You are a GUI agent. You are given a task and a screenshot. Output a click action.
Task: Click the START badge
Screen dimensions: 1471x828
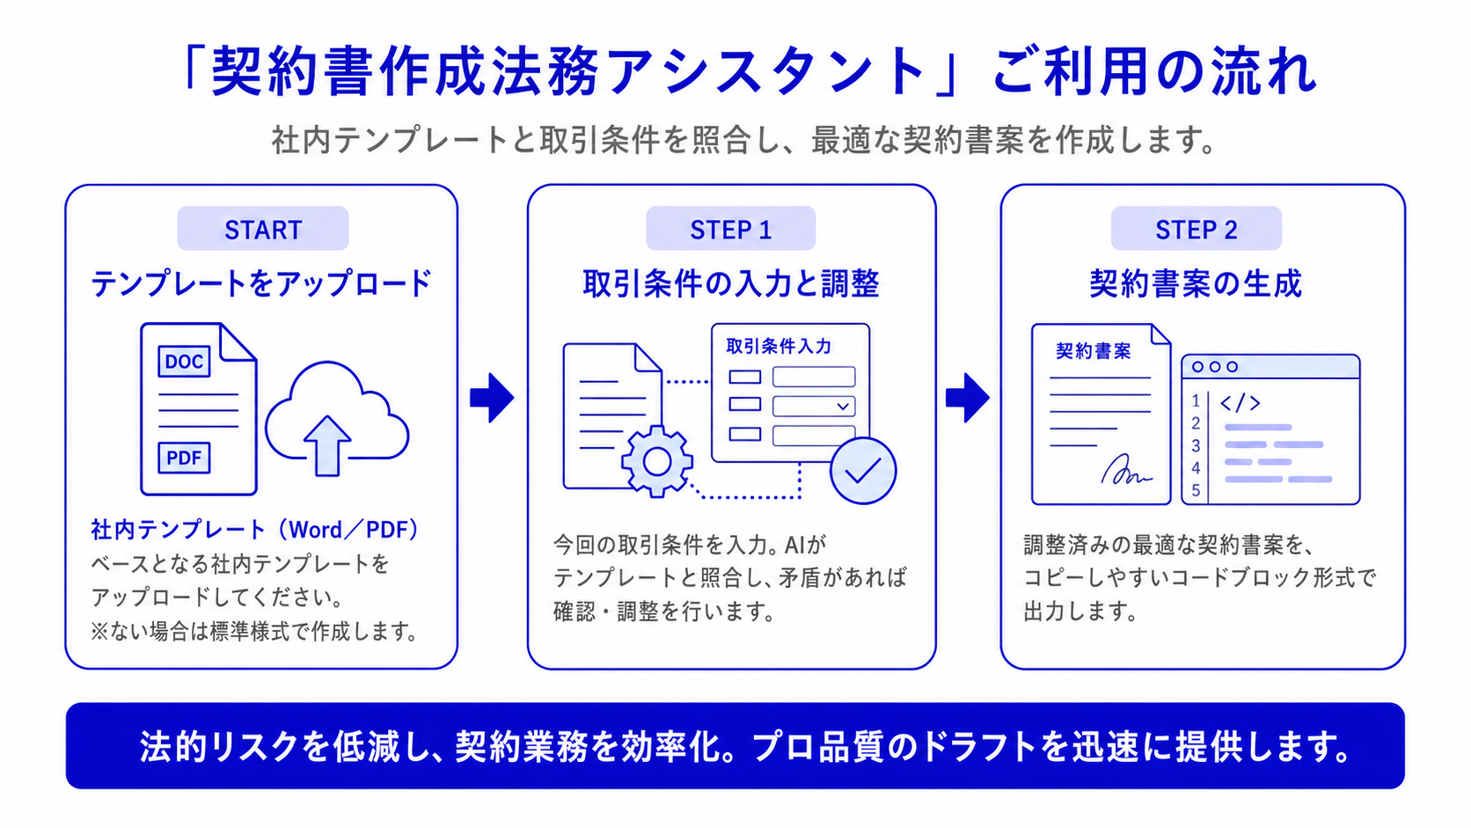pos(263,229)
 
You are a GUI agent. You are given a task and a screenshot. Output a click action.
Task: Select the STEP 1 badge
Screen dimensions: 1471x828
pos(730,229)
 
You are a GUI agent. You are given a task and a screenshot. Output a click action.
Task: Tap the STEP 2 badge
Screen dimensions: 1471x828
pos(1196,229)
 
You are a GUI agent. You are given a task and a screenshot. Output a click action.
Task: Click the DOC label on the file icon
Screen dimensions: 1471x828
pos(184,361)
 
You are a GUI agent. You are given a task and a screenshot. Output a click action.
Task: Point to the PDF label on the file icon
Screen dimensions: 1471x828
pos(184,458)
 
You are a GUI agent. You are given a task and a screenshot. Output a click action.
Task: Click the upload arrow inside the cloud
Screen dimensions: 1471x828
pos(326,446)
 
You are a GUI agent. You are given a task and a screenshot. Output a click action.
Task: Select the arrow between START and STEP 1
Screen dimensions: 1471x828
pos(492,398)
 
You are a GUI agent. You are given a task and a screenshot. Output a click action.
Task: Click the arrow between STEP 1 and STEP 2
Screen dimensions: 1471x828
pos(967,398)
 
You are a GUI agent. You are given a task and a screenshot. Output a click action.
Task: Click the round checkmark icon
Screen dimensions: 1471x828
pos(863,471)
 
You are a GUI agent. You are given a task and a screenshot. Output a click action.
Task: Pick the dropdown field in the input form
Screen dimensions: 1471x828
pos(814,407)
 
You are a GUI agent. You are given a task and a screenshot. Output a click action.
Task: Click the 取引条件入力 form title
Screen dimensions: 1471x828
pos(779,346)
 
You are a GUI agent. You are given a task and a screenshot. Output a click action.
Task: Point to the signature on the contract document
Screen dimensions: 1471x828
pos(1125,470)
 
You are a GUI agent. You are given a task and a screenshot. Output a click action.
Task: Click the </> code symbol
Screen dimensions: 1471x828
pos(1240,402)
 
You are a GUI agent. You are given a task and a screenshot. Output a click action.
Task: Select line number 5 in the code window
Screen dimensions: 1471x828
pos(1196,490)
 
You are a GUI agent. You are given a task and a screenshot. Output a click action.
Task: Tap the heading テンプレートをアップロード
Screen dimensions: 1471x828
pos(261,283)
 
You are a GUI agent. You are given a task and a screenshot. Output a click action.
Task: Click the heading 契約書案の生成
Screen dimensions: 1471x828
pos(1195,283)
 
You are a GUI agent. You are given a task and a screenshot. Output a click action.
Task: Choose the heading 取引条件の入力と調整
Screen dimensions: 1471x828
pos(731,283)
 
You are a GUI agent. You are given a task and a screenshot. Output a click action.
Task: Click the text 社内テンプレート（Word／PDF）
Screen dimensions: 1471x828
pos(255,529)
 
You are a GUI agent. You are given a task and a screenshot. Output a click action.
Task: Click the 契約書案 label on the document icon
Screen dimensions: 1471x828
pos(1094,351)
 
